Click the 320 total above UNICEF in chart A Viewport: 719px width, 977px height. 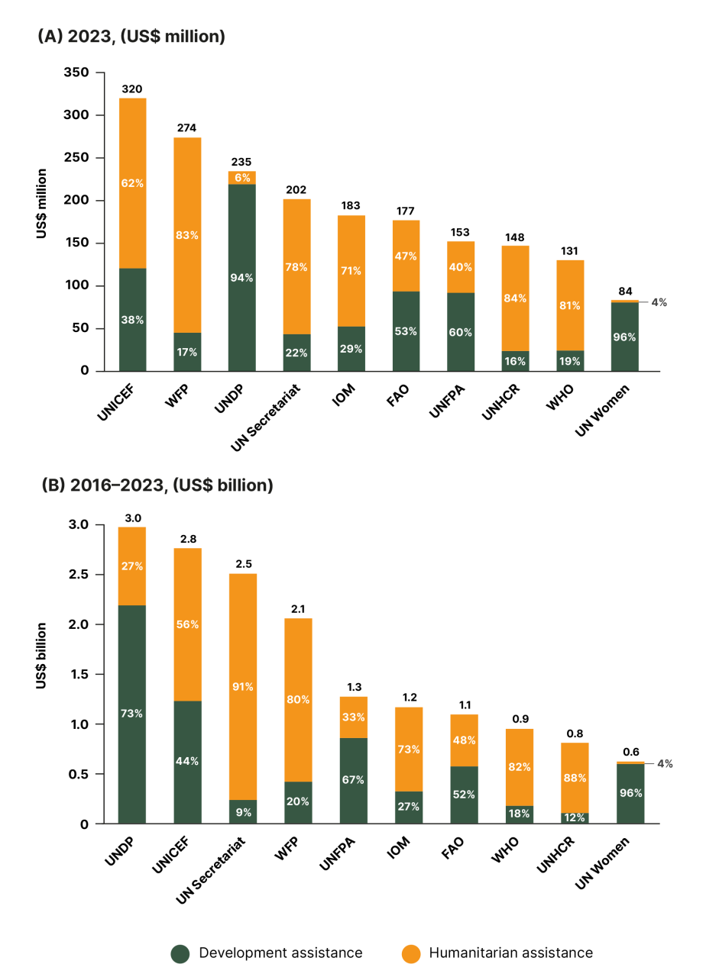click(132, 89)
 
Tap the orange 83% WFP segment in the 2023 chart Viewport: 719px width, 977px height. click(187, 235)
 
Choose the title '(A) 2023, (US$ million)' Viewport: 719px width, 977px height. click(131, 37)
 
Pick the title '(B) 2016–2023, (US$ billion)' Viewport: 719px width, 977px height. click(155, 485)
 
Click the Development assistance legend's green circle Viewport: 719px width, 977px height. click(180, 953)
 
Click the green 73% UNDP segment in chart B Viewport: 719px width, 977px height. click(132, 714)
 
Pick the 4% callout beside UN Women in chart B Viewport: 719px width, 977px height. click(663, 763)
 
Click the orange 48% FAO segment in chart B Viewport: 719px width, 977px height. click(465, 740)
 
